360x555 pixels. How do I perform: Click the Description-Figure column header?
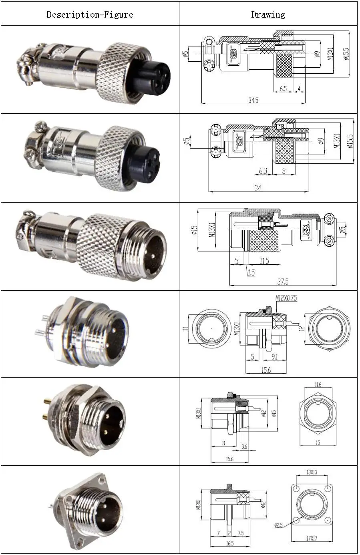point(90,15)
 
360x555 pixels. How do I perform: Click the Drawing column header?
point(268,15)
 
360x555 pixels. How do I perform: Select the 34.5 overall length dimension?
point(253,100)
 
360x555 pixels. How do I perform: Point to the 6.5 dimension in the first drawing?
point(283,89)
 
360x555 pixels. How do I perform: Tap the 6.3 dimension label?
point(263,171)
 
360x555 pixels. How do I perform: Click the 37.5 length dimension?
point(283,282)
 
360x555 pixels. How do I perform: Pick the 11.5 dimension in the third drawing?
point(264,261)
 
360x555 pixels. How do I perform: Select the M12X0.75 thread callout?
point(286,298)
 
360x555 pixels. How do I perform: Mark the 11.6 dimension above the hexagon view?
point(318,385)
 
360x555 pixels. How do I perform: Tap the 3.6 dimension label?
point(244,446)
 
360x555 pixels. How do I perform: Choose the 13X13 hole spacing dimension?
point(312,473)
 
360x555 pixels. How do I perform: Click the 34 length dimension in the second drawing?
point(257,188)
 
